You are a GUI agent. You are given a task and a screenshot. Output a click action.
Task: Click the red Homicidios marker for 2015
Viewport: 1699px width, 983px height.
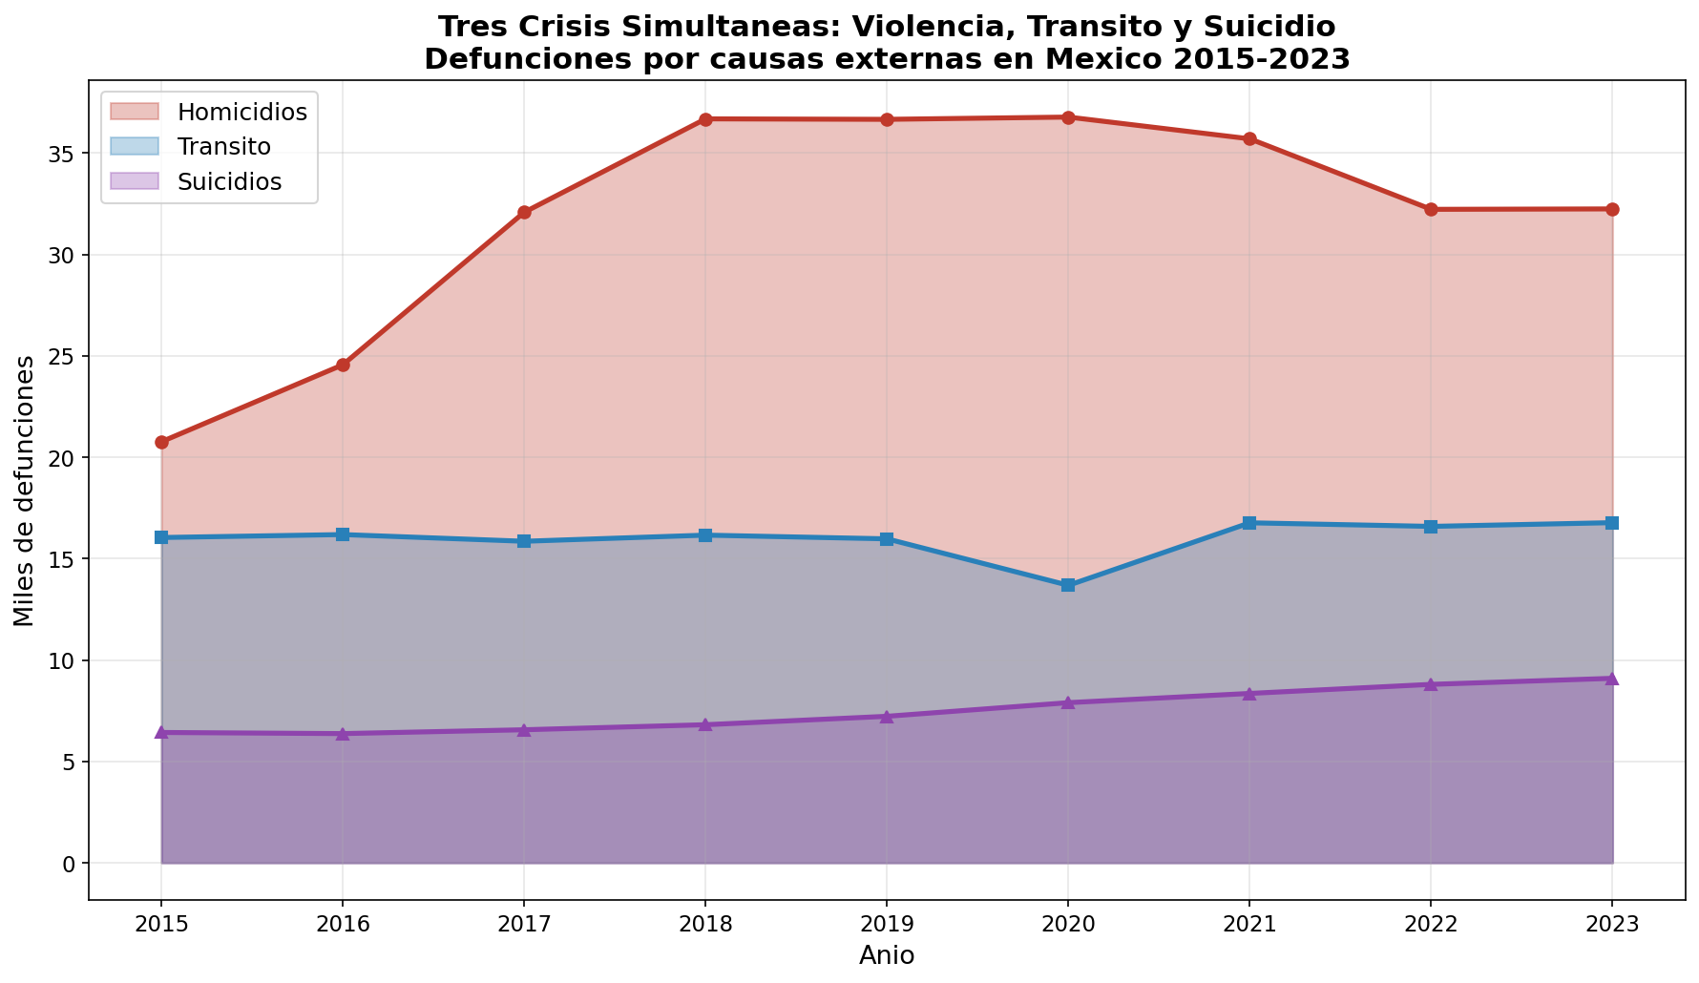161,442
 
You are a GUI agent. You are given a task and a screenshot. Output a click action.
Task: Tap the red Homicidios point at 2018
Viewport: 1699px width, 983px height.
705,119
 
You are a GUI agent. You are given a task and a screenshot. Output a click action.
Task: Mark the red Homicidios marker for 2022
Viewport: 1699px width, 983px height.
1431,209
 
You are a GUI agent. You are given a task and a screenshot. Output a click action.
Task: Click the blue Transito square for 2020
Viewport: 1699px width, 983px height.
1068,585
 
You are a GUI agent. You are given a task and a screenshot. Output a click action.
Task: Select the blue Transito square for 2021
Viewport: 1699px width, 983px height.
1249,523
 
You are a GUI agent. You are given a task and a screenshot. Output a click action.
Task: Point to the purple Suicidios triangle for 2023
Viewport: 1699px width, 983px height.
1612,679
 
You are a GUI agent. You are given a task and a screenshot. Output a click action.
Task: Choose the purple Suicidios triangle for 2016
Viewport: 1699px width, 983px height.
343,733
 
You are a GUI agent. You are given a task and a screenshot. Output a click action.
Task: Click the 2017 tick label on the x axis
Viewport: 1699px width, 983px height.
524,923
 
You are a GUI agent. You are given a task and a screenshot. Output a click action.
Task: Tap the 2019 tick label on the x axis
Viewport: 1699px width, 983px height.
887,923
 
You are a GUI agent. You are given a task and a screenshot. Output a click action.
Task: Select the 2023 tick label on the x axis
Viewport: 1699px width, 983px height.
1612,923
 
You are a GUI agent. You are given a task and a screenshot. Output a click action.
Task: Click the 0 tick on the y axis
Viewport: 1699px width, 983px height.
70,864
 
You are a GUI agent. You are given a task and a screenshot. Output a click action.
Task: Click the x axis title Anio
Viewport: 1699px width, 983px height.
887,955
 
